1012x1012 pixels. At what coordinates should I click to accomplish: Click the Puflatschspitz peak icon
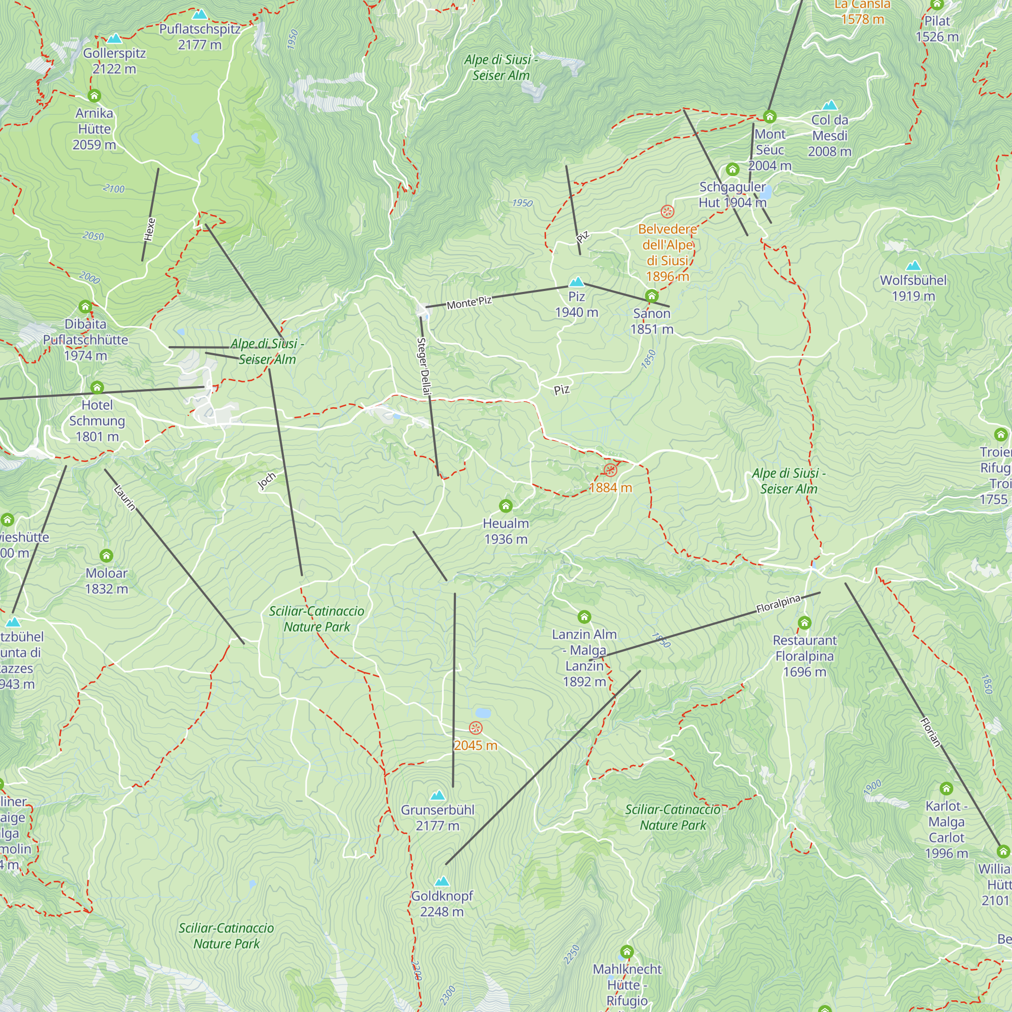199,15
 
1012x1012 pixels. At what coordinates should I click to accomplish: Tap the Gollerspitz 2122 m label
114,61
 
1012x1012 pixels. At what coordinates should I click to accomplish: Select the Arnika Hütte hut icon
94,96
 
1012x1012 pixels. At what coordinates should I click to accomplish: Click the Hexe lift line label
150,229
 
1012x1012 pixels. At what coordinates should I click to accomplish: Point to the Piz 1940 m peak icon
577,282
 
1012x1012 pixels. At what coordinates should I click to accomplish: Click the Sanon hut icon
652,296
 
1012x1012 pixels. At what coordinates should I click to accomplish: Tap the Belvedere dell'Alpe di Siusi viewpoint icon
667,212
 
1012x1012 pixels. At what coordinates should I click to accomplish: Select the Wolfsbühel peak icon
913,266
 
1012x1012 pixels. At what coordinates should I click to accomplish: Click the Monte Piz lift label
469,302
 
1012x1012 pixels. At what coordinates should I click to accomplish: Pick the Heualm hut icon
505,506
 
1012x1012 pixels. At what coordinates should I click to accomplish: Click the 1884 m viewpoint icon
610,470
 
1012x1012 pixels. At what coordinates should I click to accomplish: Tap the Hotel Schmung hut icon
97,388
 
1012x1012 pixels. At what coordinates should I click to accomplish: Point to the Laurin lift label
125,497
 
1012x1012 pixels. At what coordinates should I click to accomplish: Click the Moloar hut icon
106,555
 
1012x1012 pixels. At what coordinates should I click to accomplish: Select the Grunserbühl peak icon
437,795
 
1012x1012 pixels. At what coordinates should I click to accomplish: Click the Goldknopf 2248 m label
442,904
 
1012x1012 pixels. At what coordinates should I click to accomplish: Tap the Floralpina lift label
778,604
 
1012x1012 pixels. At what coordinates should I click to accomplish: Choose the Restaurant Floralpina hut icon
805,623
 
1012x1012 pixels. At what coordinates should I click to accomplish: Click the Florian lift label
931,732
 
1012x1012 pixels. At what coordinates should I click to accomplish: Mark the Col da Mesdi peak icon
830,105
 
